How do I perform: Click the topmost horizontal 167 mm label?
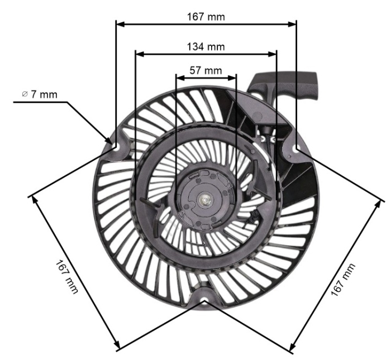[x=206, y=17]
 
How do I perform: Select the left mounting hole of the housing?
[x=116, y=146]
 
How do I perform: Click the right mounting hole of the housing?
[x=295, y=148]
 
